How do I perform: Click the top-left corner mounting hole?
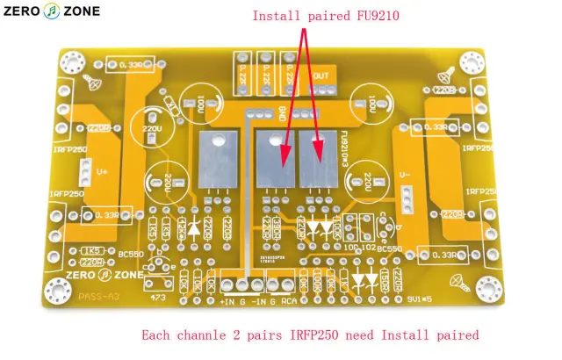click(68, 62)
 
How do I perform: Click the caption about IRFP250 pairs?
click(310, 335)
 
